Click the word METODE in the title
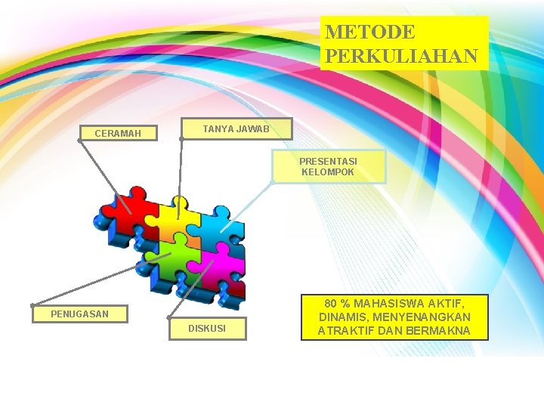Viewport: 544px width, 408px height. [x=370, y=32]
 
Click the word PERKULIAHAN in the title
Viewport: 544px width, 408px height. [x=401, y=56]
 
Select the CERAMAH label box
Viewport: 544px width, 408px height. [x=118, y=134]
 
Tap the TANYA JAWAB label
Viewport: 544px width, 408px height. [x=236, y=128]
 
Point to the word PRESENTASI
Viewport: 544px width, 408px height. [x=328, y=162]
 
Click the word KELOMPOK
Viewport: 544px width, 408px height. [x=328, y=172]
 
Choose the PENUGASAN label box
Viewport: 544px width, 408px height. [x=79, y=314]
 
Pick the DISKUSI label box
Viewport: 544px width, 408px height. [x=206, y=329]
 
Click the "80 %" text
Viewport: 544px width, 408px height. [x=339, y=302]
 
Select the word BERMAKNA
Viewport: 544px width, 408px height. [x=438, y=331]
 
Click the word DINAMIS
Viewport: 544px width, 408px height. [x=345, y=317]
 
